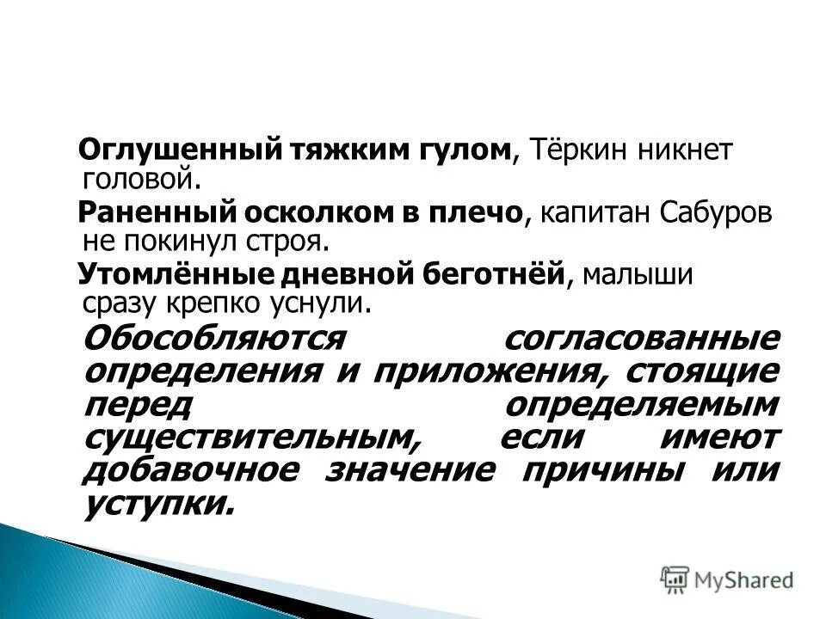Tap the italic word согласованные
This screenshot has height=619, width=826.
click(x=642, y=337)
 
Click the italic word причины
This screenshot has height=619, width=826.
click(x=606, y=470)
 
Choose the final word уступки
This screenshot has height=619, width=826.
click(x=160, y=504)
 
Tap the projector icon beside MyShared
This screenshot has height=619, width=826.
click(x=675, y=579)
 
